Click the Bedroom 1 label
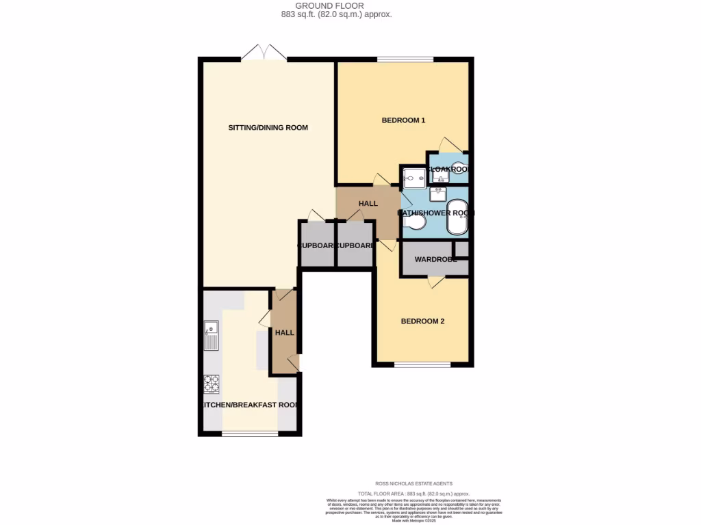point(403,120)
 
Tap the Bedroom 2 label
point(422,321)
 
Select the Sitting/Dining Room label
point(268,128)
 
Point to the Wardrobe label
point(435,260)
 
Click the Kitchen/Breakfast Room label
point(250,405)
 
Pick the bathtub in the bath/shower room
point(456,217)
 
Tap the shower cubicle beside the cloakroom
point(413,178)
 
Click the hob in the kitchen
point(212,384)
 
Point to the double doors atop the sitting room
point(264,53)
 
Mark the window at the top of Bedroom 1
point(405,59)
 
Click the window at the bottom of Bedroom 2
point(422,364)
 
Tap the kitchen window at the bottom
point(249,433)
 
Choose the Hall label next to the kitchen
point(284,333)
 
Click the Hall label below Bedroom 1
point(368,204)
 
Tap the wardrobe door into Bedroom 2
point(434,281)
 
